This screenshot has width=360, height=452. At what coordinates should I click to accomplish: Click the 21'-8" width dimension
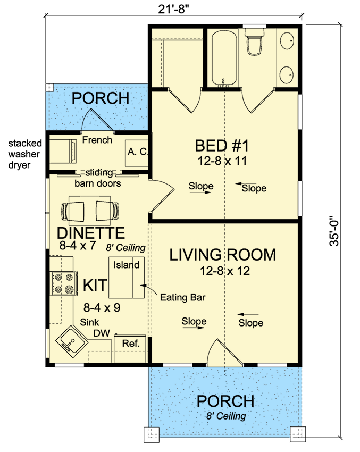point(173,9)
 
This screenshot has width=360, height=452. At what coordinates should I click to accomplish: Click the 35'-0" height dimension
point(334,231)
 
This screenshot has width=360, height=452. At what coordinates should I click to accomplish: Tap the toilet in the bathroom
point(254,41)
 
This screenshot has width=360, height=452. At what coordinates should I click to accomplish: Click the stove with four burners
point(64,283)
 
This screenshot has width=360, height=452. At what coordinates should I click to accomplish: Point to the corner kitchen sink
point(71,341)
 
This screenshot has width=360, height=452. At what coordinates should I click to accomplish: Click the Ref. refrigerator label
point(131,344)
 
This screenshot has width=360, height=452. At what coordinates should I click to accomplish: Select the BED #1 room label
point(222,146)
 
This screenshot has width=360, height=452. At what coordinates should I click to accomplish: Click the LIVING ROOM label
point(222,255)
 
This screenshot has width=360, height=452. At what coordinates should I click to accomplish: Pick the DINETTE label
point(91,233)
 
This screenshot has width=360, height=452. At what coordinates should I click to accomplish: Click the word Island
point(126,265)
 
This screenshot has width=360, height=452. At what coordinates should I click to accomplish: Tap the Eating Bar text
point(183,297)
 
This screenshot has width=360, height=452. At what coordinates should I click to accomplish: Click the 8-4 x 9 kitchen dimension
point(102,307)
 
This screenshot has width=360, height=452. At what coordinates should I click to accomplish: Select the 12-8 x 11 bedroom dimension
point(222,161)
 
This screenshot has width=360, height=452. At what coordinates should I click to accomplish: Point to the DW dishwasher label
point(102,333)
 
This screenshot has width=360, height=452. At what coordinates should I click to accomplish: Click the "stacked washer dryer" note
point(25,154)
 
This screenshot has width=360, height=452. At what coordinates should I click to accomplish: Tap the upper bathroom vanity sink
point(287,41)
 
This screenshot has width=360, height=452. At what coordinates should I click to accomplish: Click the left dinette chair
point(73,211)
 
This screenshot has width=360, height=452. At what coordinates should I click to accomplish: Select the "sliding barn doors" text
point(98,178)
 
